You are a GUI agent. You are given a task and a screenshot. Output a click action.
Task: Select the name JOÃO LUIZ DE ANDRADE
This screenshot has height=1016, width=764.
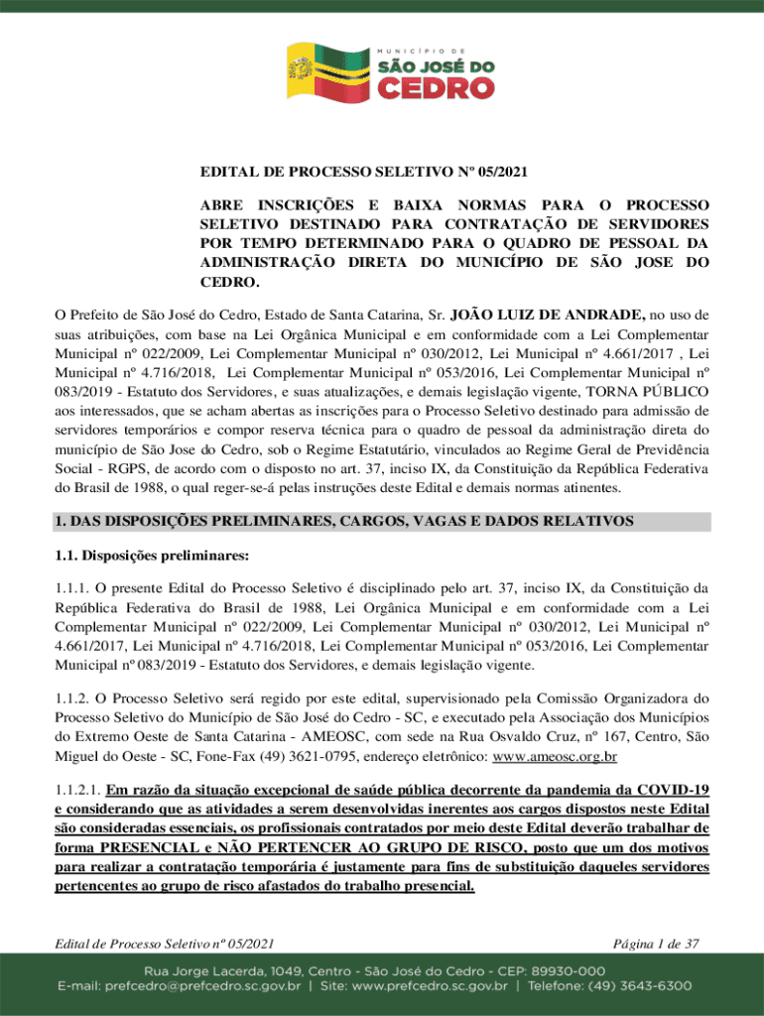[549, 315]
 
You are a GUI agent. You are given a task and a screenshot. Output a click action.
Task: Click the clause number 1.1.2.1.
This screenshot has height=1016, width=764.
[76, 790]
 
